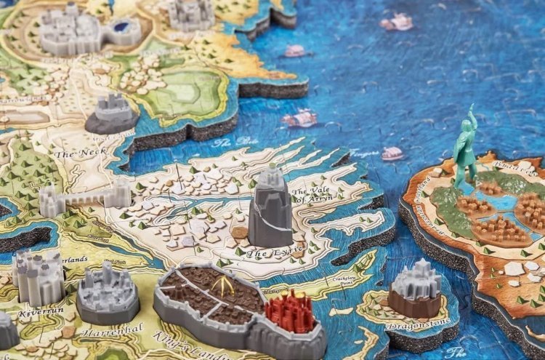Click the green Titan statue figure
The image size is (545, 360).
pyautogui.click(x=464, y=149)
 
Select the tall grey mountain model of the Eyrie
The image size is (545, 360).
pyautogui.click(x=270, y=208)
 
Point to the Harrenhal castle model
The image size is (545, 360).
pyautogui.click(x=108, y=291)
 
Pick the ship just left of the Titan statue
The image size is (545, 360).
pyautogui.click(x=393, y=153)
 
